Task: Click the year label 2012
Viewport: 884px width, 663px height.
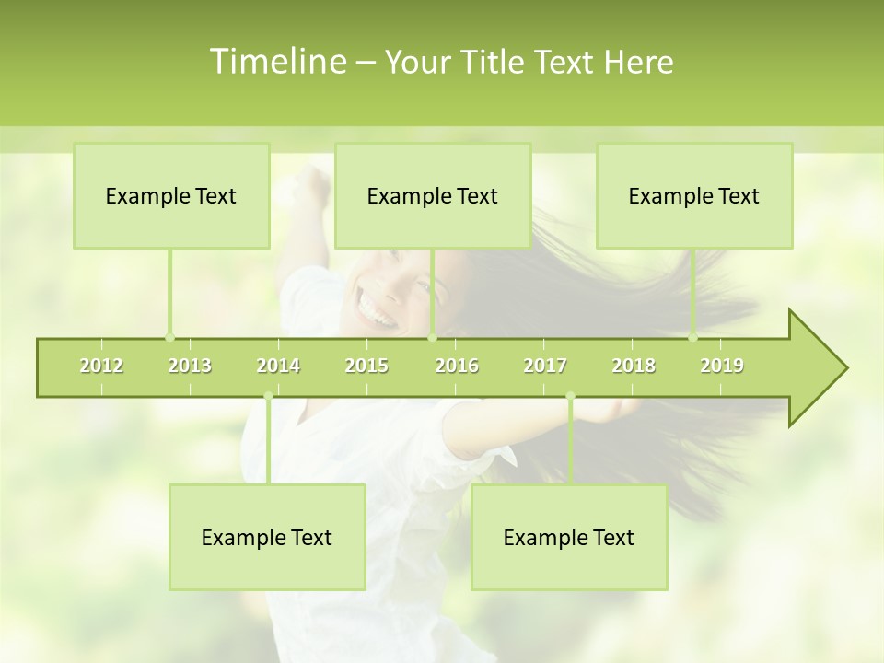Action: [101, 366]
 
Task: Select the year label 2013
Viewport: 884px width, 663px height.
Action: [190, 366]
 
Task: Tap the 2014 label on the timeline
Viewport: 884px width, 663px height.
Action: [278, 366]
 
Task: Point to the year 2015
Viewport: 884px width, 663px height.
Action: [366, 366]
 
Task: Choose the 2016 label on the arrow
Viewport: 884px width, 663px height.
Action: [457, 366]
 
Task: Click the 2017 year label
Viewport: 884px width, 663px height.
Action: [545, 366]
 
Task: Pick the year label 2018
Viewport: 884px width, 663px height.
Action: [634, 366]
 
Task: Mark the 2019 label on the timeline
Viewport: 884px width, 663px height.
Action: [722, 366]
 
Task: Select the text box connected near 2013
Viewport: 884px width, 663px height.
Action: [171, 196]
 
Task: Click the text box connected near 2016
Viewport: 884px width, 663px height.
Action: [433, 196]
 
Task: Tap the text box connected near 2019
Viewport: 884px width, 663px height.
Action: [694, 196]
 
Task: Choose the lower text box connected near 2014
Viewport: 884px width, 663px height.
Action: [267, 538]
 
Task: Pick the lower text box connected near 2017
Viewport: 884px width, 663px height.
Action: [569, 538]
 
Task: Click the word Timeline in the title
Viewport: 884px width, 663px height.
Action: [275, 62]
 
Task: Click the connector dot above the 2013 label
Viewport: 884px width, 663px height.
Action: [169, 337]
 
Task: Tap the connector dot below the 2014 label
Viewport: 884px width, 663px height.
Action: [268, 397]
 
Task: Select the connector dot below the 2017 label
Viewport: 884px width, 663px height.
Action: [570, 397]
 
